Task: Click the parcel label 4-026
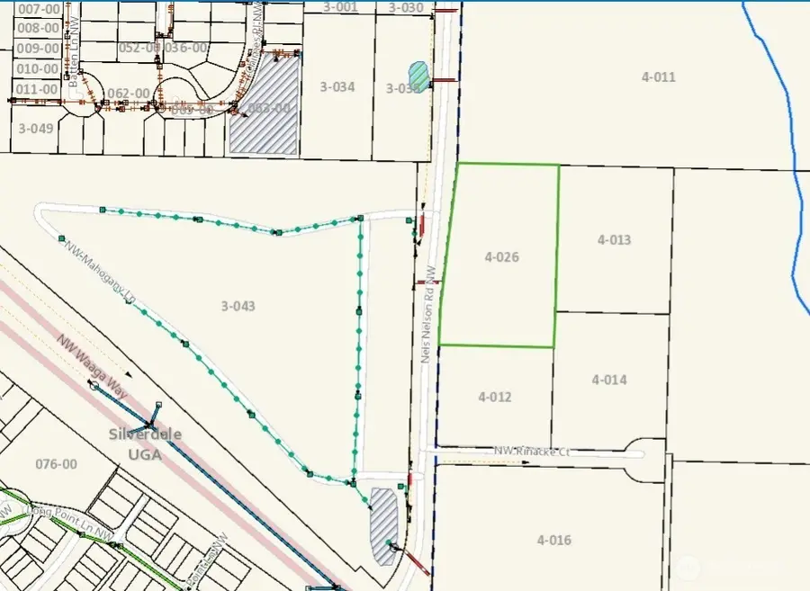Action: click(501, 257)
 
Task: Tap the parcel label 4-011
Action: click(658, 77)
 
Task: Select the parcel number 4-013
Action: click(614, 240)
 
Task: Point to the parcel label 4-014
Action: click(609, 380)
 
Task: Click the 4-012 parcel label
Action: click(495, 397)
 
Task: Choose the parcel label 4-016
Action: click(553, 540)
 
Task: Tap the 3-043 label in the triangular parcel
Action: click(238, 306)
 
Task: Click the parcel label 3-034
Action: click(337, 86)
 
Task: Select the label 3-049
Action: click(35, 128)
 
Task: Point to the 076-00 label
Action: click(56, 464)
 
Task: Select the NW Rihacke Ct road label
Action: click(532, 452)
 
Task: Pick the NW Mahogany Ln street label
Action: click(100, 273)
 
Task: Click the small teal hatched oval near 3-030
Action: click(418, 73)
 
